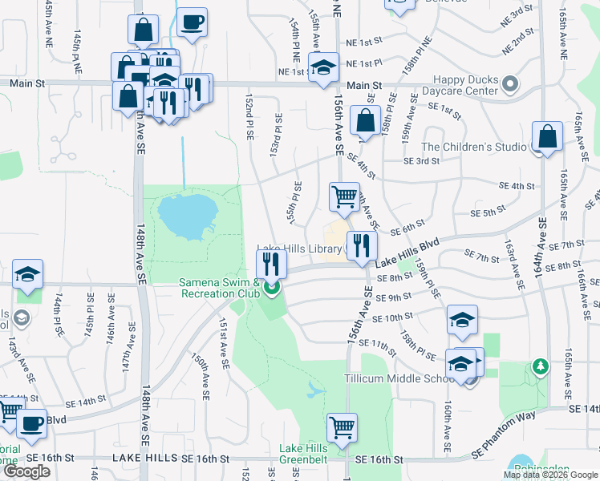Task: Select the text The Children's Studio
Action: [474, 147]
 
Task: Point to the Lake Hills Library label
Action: [299, 249]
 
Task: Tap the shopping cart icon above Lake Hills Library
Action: [344, 196]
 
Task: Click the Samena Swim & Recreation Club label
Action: [219, 288]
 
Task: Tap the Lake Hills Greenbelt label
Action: [303, 454]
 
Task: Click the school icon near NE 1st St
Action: [324, 68]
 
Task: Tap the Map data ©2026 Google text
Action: [550, 475]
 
